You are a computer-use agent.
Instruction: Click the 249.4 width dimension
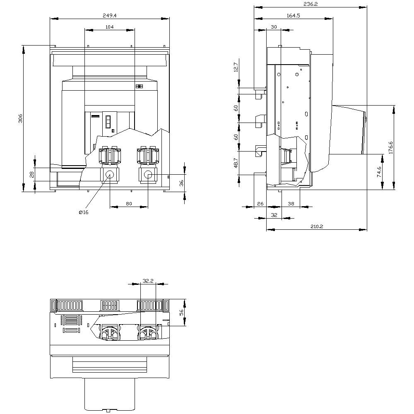[109, 15]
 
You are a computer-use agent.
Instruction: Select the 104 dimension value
[109, 26]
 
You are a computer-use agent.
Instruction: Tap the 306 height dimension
[20, 118]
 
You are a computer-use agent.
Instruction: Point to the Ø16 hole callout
[84, 212]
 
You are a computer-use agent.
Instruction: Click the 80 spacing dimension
[129, 203]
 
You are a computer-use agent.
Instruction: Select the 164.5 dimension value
[293, 15]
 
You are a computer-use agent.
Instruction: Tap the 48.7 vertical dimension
[236, 162]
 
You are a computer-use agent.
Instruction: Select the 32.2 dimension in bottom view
[148, 280]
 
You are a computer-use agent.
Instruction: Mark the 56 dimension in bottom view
[181, 313]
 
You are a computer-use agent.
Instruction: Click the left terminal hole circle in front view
[110, 175]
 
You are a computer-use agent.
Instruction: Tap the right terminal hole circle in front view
[148, 176]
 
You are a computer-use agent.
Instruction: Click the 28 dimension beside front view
[31, 174]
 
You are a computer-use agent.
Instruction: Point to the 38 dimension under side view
[291, 203]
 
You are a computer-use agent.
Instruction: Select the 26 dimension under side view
[260, 203]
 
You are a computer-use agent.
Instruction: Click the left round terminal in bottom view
[108, 333]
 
